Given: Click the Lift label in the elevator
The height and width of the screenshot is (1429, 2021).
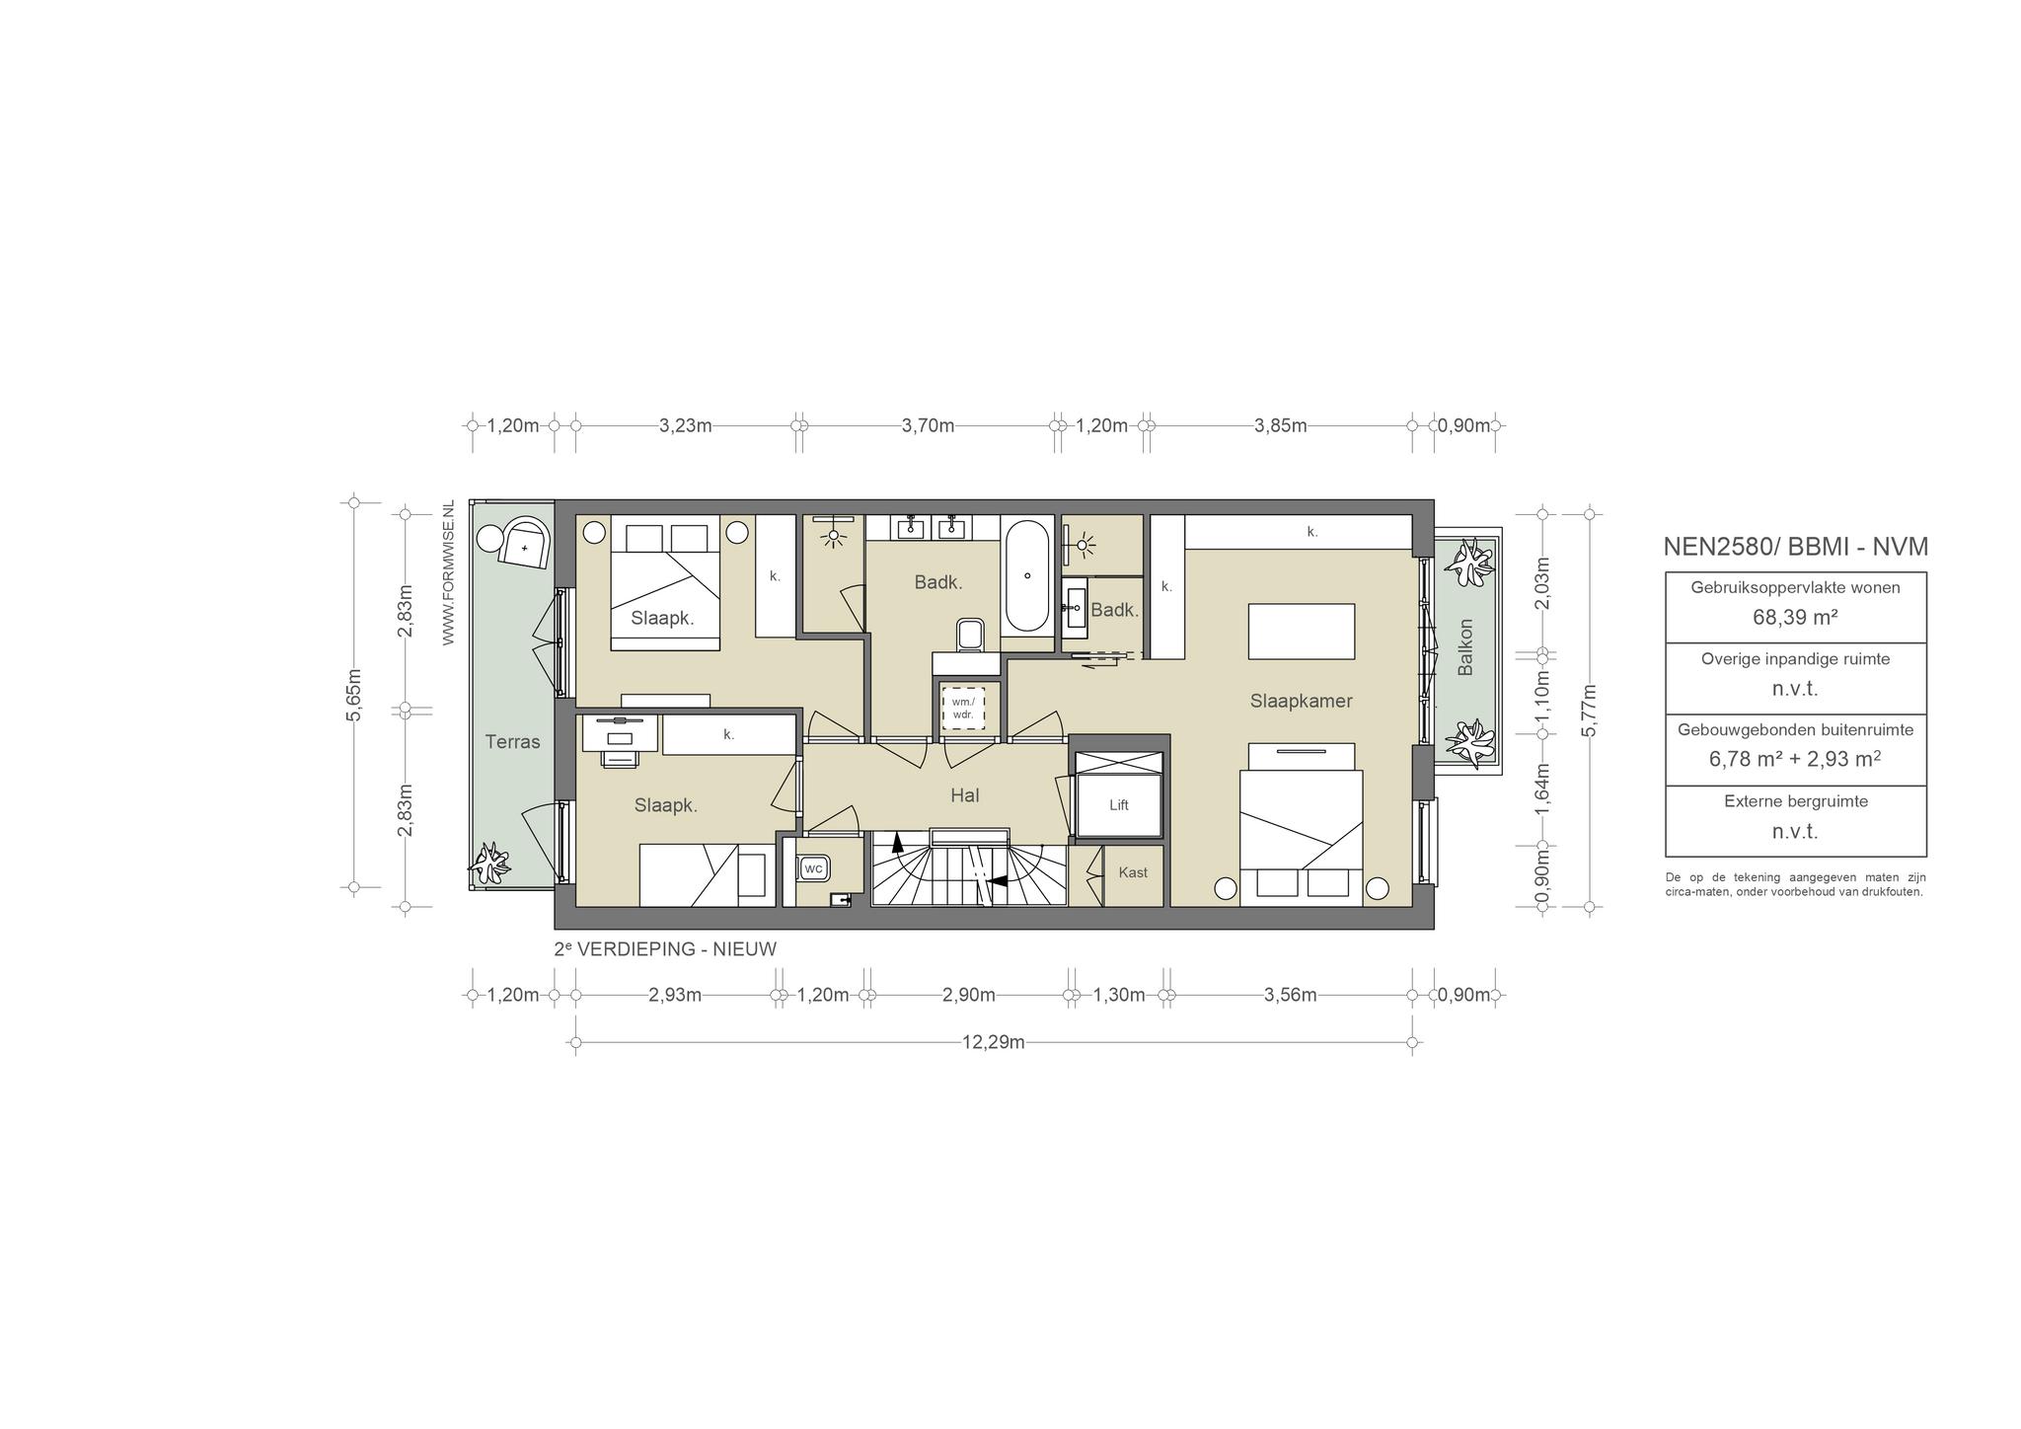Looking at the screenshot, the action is point(1118,805).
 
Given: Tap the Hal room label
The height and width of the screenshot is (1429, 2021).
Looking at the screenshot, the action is point(965,795).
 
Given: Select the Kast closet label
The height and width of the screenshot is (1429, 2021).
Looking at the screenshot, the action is point(1133,872).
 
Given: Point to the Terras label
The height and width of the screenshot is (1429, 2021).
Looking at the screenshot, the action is point(512,742).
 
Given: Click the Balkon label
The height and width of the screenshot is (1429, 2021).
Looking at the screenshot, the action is point(1465,647).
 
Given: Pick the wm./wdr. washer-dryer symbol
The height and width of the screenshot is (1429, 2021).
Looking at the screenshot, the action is point(963,708).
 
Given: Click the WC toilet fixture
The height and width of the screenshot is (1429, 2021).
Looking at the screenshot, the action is point(813,868).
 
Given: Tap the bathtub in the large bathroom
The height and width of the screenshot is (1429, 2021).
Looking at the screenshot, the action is point(1027,576).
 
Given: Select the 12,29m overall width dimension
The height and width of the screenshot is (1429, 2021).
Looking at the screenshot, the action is point(994,1042).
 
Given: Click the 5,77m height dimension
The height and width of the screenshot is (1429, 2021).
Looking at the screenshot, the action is point(1588,710).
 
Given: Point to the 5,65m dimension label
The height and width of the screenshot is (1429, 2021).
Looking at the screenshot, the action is point(354,695).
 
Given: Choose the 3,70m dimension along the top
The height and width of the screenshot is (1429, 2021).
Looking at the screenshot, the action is point(929,426).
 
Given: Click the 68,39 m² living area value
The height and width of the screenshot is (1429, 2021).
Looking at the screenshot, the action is point(1795,618).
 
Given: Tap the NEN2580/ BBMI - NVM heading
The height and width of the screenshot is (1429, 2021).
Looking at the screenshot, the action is point(1796,547).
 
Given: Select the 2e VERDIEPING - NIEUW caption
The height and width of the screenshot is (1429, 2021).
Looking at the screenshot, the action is point(666,949).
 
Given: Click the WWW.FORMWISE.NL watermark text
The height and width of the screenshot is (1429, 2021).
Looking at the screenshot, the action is point(448,573).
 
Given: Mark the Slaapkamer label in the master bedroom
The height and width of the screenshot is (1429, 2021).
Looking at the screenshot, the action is point(1301,702).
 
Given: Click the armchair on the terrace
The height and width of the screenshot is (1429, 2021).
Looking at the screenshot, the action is point(526,545).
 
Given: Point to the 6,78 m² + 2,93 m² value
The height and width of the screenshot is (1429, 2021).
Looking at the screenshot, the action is point(1795,759).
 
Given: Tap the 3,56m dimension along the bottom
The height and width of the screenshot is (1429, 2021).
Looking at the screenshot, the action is point(1291,995).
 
